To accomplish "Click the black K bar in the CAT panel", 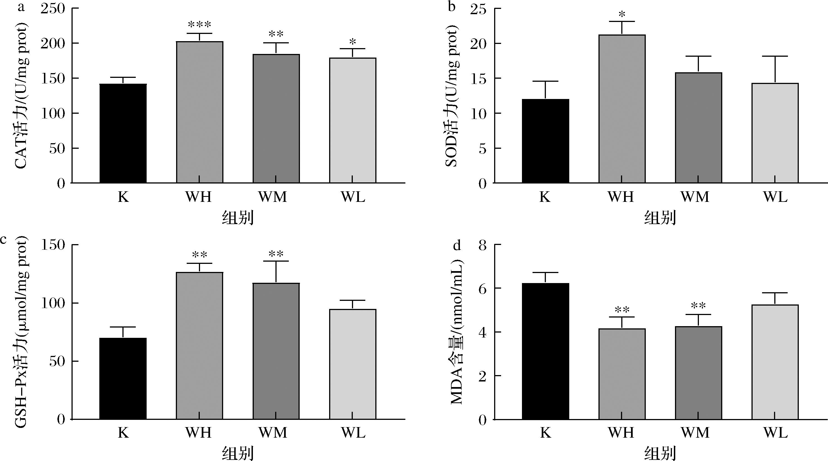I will pos(123,133).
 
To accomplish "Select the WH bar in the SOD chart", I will pos(622,109).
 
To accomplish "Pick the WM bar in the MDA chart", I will pos(698,373).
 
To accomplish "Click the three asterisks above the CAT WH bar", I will pos(199,25).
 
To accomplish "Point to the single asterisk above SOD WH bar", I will pos(622,14).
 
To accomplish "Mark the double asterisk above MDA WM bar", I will pos(698,306).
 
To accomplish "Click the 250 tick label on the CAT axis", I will pos(53,9).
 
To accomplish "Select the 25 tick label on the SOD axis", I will pos(478,9).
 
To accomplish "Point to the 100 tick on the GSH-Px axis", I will pos(53,304).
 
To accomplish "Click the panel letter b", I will pos(452,6).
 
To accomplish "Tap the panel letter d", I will pos(456,246).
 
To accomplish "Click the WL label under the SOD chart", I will pos(775,197).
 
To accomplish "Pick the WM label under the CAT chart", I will pos(273,197).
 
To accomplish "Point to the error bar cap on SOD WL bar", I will pos(775,56).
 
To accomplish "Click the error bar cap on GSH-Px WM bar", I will pos(276,261).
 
